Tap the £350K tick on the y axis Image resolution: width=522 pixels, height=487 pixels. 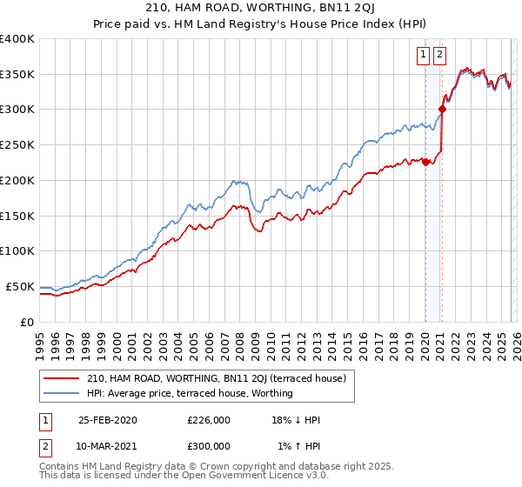coord(17,75)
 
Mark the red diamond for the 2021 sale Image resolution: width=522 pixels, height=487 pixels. coord(442,110)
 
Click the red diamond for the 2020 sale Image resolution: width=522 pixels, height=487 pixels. coord(425,162)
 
